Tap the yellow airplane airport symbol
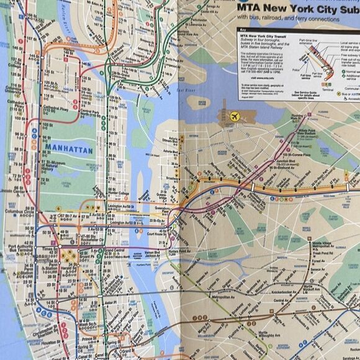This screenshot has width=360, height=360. tap(235, 116)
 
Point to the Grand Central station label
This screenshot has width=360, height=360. tap(115, 250)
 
